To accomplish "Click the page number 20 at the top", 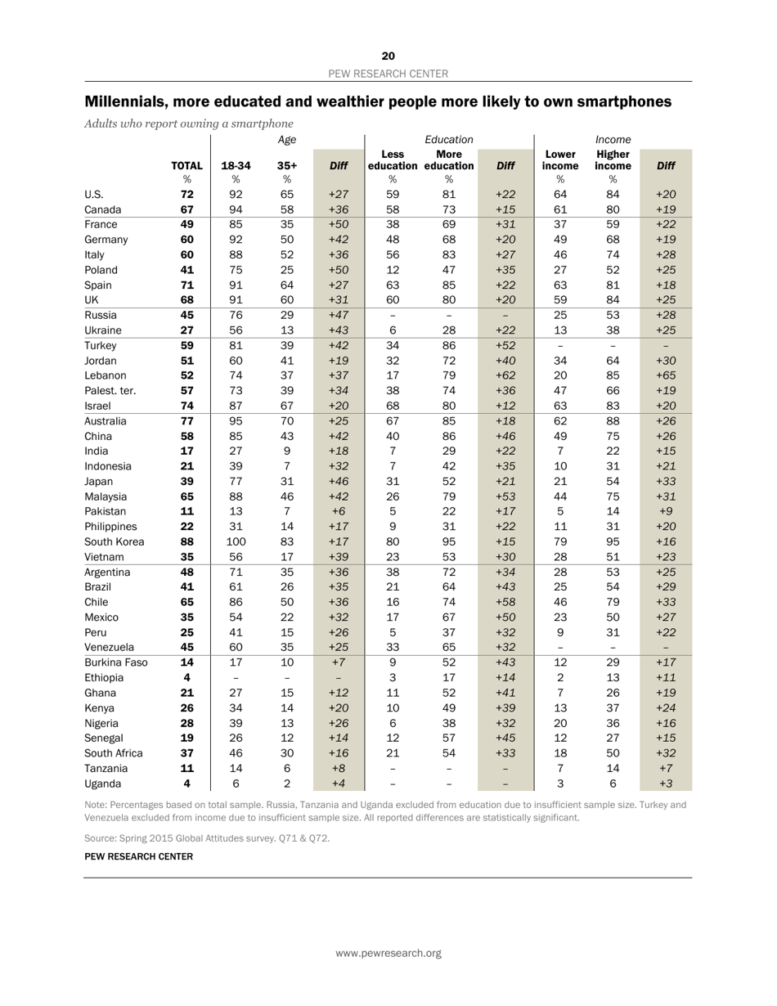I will pos(388,56).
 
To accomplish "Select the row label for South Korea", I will pos(115,541).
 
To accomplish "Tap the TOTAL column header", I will pos(186,165).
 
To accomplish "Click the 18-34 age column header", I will pos(236,165).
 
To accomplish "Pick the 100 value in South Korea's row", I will pos(236,541).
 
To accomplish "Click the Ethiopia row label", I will pos(108,677).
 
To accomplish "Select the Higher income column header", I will pos(613,159).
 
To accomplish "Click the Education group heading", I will pos(449,141).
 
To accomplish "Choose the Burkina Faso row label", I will pos(116,662).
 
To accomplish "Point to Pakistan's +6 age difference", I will pos(339,511).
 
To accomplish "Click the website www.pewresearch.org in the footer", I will pos(388,953).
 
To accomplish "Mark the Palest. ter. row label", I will pos(111,391).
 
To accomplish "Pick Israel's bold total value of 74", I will pos(186,406).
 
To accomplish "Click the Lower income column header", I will pos(560,159).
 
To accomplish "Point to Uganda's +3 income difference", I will pos(665,783).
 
